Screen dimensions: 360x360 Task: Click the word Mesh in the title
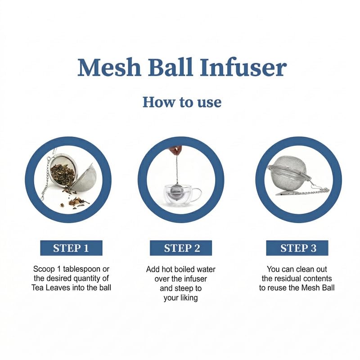[x=109, y=67]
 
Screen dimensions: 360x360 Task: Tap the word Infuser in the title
[x=243, y=67]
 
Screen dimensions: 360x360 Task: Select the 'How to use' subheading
[x=182, y=102]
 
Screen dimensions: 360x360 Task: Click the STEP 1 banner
[x=71, y=248]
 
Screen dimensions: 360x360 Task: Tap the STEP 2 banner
[x=181, y=248]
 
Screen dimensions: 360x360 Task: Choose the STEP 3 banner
[x=297, y=248]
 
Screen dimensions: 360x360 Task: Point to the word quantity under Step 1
[x=88, y=279]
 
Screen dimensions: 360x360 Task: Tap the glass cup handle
[x=198, y=195]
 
